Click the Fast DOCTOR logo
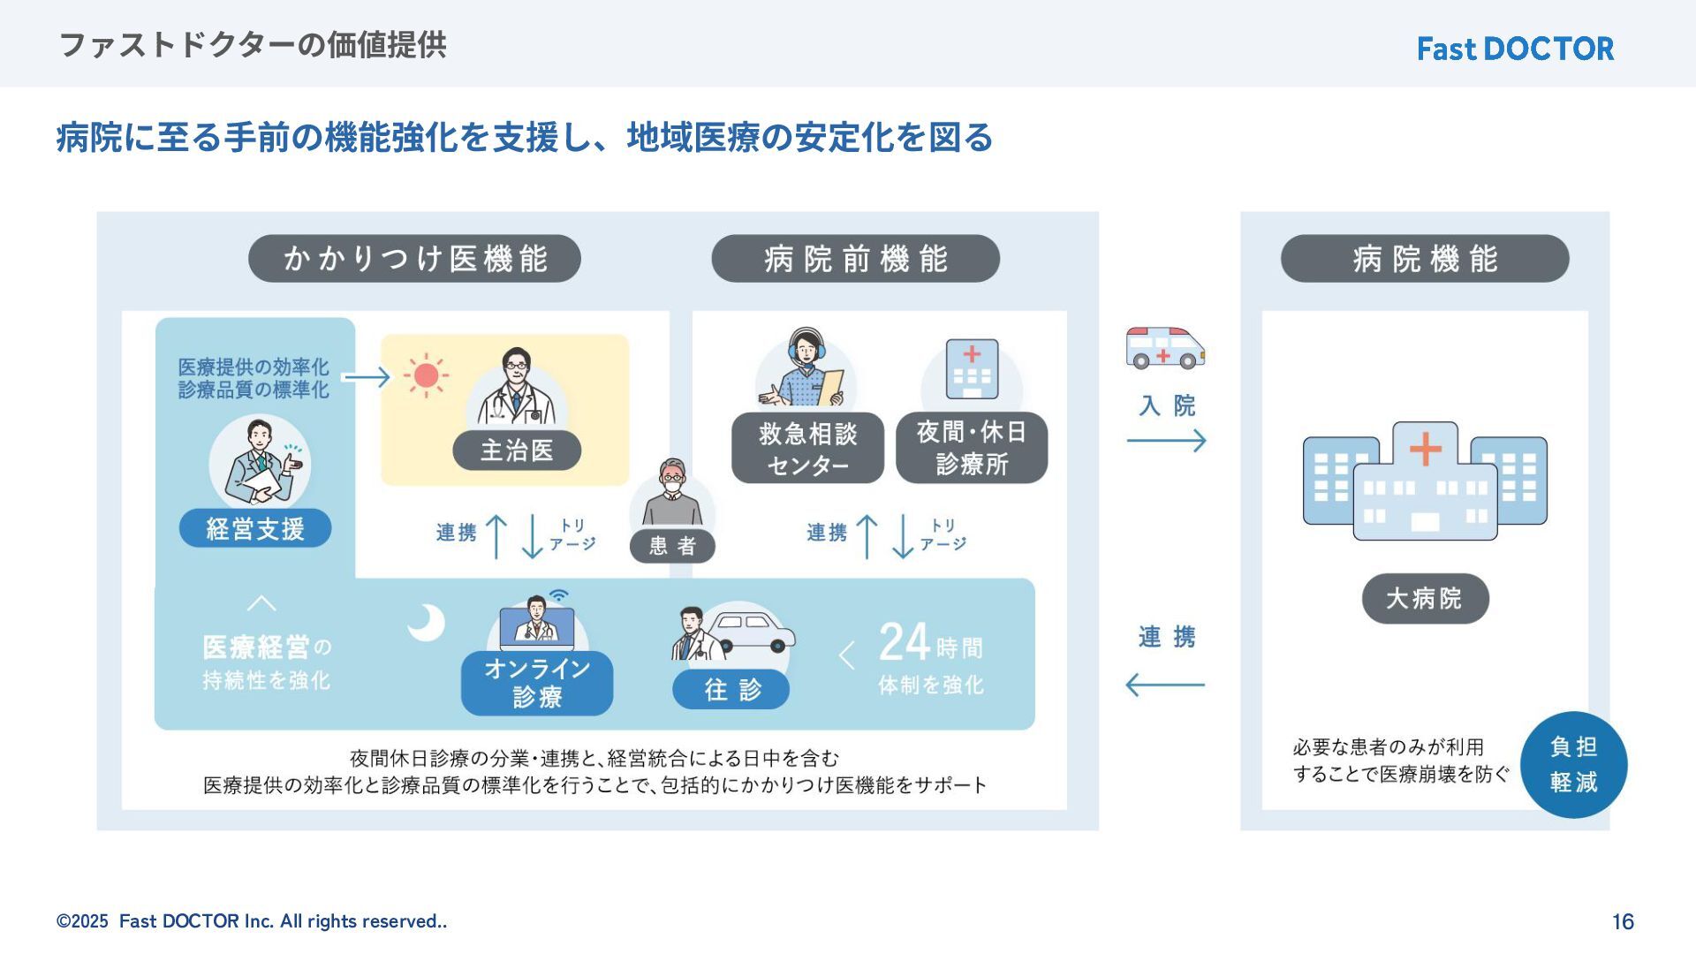tap(1515, 49)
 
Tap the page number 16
tap(1623, 921)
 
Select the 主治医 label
tap(517, 450)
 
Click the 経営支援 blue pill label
tap(255, 528)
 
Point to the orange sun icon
tap(426, 375)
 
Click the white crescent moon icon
tap(427, 623)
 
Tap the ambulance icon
tap(1165, 348)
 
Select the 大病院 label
tap(1424, 598)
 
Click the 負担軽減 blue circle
tap(1573, 764)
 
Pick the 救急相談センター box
tap(807, 448)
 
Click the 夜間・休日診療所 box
tap(972, 448)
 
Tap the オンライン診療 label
tap(537, 682)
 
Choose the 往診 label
tap(731, 689)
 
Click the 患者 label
tap(672, 546)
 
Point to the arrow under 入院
tap(1166, 440)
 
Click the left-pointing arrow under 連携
tap(1165, 685)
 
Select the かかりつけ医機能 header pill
tap(414, 259)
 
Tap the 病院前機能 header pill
tap(855, 259)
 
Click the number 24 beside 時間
tap(905, 642)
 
